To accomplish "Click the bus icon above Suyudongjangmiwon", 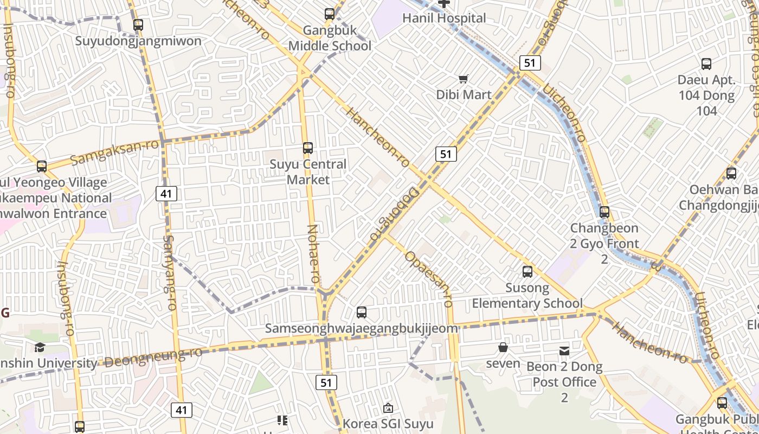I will (138, 25).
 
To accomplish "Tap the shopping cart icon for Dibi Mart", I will (464, 79).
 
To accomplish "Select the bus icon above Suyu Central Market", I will (308, 148).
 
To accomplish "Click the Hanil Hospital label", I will (444, 18).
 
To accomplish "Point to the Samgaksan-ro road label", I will (115, 152).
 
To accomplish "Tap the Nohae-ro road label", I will (314, 253).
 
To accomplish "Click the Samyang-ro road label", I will (169, 272).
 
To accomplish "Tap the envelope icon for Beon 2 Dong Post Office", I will (564, 351).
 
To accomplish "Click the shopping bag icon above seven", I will (503, 347).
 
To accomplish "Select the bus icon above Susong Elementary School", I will (528, 272).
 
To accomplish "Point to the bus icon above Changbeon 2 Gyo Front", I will (604, 212).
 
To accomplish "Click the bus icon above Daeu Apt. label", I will (706, 64).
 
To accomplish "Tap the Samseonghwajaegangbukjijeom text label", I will (361, 328).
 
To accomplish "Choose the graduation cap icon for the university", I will (40, 347).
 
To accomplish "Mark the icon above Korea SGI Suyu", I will (388, 408).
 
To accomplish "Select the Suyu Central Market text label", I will (308, 171).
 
